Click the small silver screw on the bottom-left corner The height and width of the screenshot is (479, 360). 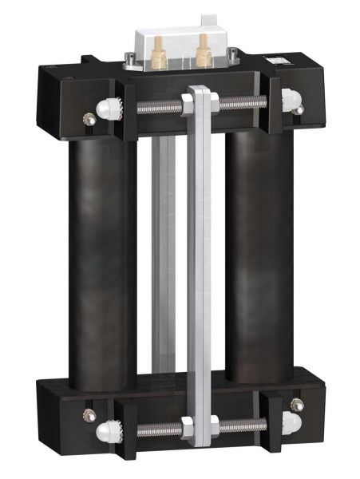(87, 416)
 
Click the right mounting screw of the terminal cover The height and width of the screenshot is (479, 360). (232, 55)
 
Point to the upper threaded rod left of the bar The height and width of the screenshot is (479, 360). (156, 105)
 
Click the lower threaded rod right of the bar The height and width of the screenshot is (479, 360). (243, 426)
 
